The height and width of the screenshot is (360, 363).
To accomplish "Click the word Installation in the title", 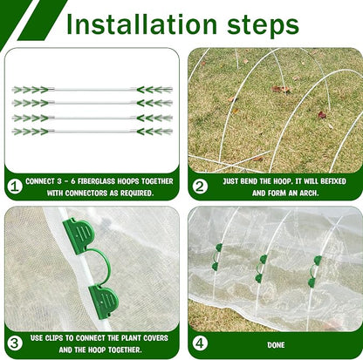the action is tap(141, 24).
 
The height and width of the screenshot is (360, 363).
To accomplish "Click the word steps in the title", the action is tap(263, 26).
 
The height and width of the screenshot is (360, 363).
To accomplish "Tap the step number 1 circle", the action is tap(15, 187).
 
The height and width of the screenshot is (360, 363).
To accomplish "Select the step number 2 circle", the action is tap(200, 187).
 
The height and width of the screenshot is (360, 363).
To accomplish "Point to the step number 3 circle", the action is tap(15, 343).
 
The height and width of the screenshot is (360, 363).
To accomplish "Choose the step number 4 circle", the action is tap(200, 343).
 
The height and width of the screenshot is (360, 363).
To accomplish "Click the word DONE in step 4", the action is tap(276, 345).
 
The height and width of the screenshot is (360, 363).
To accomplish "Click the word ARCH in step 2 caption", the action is tap(308, 193).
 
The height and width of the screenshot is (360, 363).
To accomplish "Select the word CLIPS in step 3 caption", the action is tap(55, 338).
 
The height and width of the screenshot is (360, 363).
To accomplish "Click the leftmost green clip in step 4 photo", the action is tap(216, 257).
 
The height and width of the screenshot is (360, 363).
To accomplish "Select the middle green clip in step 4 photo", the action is tap(260, 268).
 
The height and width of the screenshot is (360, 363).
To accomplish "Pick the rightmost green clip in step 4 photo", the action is tap(314, 271).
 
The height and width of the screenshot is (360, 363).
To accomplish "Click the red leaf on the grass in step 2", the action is tap(322, 115).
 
